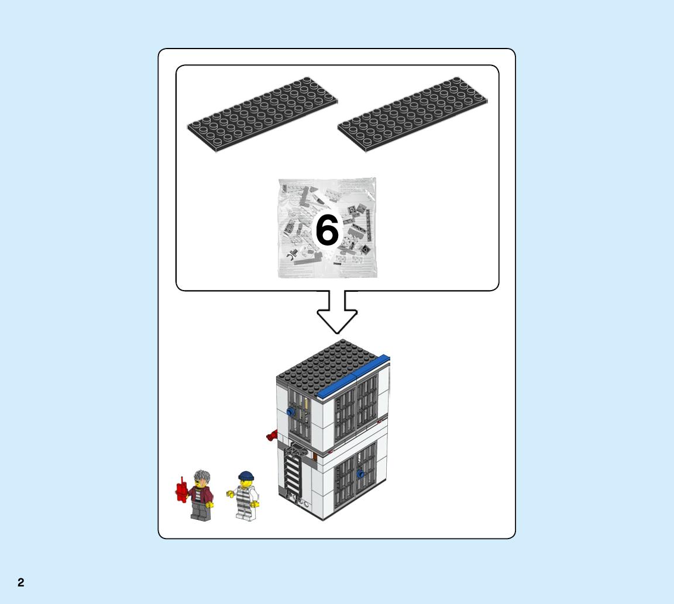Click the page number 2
pyautogui.click(x=20, y=582)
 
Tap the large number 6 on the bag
pyautogui.click(x=327, y=230)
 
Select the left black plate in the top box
pyautogui.click(x=262, y=115)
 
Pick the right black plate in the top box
pyautogui.click(x=412, y=115)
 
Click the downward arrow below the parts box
pyautogui.click(x=337, y=312)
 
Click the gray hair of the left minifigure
pyautogui.click(x=202, y=478)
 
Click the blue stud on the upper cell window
pyautogui.click(x=290, y=412)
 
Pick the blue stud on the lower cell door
pyautogui.click(x=360, y=474)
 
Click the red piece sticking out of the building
pyautogui.click(x=272, y=436)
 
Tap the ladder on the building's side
pyautogui.click(x=294, y=472)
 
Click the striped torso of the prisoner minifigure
pyautogui.click(x=245, y=498)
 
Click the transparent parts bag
pyautogui.click(x=328, y=227)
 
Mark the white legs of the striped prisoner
pyautogui.click(x=246, y=514)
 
